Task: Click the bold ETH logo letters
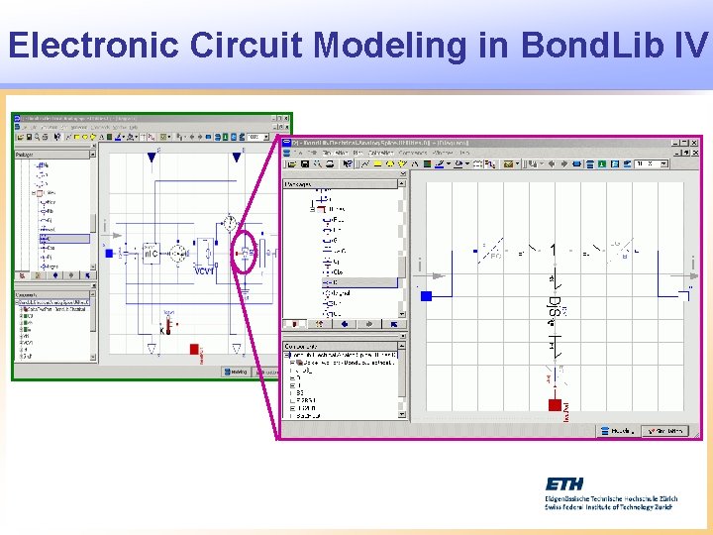pyautogui.click(x=564, y=483)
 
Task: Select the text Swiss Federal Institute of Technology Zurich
pyautogui.click(x=608, y=507)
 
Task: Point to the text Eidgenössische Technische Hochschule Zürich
pyautogui.click(x=608, y=498)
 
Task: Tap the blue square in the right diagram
pyautogui.click(x=427, y=295)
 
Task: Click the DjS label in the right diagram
pyautogui.click(x=554, y=308)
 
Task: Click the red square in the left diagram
pyautogui.click(x=195, y=350)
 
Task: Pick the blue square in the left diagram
pyautogui.click(x=109, y=254)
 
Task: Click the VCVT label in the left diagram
pyautogui.click(x=204, y=270)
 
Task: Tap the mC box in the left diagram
pyautogui.click(x=151, y=254)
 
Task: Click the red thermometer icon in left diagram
pyautogui.click(x=167, y=324)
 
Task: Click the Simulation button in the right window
pyautogui.click(x=665, y=431)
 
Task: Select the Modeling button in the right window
pyautogui.click(x=617, y=431)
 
